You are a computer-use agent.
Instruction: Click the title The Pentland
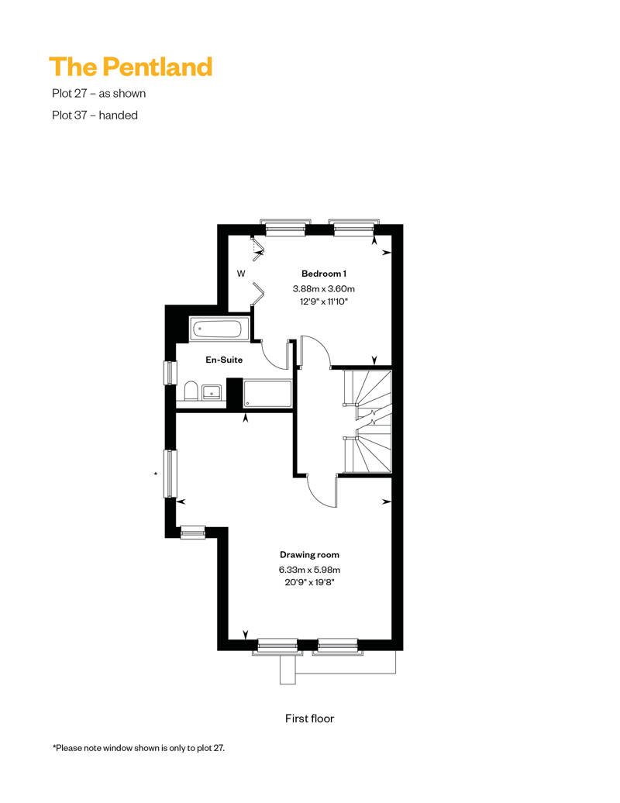130,67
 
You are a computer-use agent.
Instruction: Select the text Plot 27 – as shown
98,93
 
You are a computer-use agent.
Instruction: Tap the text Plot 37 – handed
95,115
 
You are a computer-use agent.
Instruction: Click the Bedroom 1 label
324,274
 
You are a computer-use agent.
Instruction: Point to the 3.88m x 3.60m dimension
324,289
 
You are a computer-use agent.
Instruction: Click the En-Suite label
224,360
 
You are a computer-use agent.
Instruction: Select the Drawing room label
309,555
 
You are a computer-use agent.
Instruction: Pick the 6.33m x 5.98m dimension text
309,570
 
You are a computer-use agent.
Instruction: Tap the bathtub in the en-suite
219,329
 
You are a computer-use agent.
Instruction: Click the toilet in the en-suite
191,390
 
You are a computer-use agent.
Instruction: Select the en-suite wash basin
212,392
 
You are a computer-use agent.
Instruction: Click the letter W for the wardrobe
240,274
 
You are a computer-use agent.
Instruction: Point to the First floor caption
309,719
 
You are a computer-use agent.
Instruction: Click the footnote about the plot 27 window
139,748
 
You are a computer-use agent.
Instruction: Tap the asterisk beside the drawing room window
156,474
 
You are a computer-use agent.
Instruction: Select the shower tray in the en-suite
267,393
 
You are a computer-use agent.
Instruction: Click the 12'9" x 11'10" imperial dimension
324,302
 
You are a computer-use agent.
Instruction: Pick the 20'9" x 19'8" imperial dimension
309,582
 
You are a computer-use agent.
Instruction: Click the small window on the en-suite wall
170,372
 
